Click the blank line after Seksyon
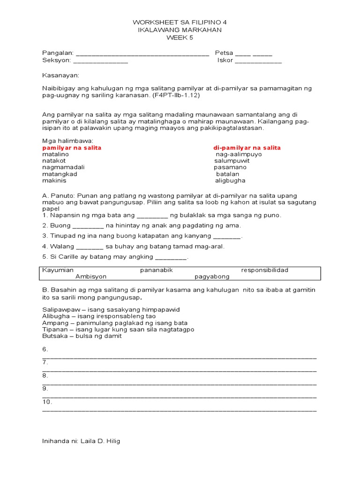click(x=100, y=61)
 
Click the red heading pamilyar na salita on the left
click(x=72, y=148)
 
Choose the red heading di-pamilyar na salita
click(x=247, y=148)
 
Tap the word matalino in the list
click(x=55, y=154)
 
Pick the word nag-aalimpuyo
click(x=239, y=154)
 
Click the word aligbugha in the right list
click(x=230, y=180)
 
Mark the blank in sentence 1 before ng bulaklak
click(x=152, y=216)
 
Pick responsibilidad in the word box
click(x=265, y=270)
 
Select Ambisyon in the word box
click(x=91, y=277)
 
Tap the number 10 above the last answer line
click(x=47, y=402)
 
